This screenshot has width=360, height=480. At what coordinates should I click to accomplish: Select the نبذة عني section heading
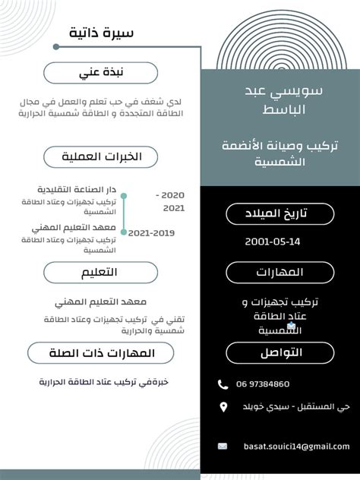(101, 73)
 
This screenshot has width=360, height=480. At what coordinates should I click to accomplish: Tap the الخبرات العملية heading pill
(101, 156)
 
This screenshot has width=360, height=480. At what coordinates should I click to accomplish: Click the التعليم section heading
(101, 273)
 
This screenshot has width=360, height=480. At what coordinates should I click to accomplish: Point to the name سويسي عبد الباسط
(280, 99)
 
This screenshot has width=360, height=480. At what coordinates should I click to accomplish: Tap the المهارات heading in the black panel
(280, 272)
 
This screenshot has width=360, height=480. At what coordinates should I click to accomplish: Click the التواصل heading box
(280, 353)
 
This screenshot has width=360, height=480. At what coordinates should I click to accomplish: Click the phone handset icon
(223, 384)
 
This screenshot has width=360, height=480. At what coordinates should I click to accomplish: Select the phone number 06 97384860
(263, 384)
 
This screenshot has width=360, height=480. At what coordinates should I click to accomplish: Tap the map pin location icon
(223, 408)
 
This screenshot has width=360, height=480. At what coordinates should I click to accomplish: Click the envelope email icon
(223, 447)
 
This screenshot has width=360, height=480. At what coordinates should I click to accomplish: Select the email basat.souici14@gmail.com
(296, 447)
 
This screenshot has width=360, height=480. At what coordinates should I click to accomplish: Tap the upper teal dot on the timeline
(124, 196)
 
